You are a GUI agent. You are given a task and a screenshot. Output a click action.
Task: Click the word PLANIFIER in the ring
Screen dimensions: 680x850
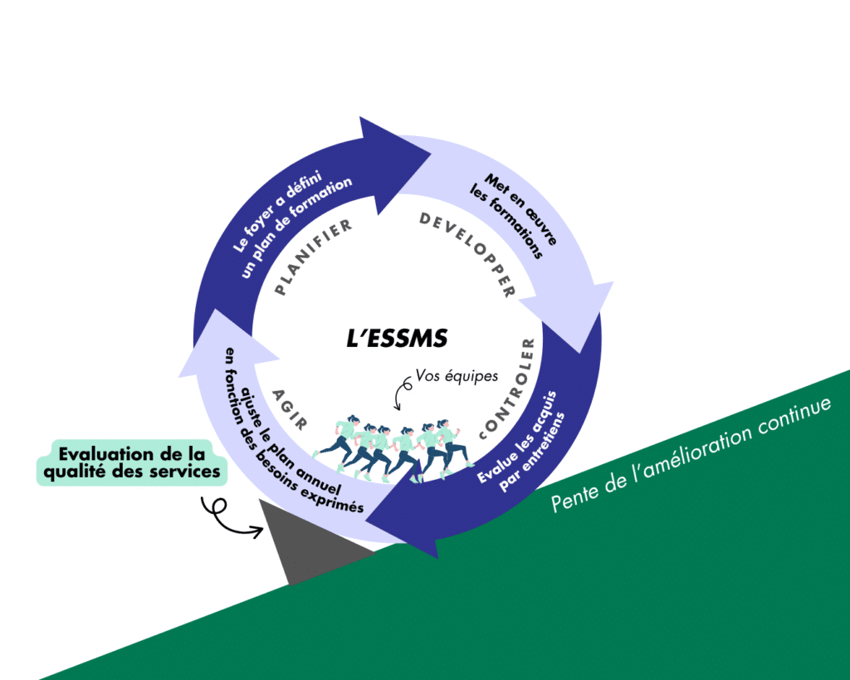(314, 257)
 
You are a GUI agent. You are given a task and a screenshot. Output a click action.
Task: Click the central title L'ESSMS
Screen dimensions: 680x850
(397, 339)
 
